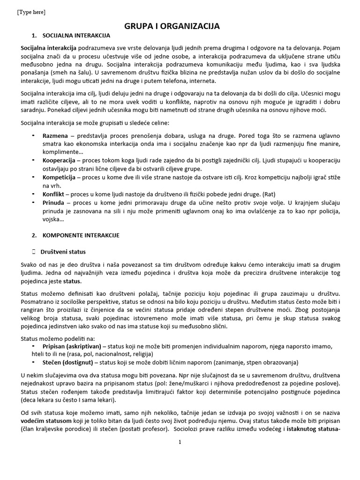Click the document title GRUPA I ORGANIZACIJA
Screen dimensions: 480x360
tap(172, 26)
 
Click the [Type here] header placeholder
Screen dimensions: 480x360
tap(31, 12)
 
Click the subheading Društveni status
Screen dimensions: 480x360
tap(63, 252)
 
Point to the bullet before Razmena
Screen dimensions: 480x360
tap(33, 135)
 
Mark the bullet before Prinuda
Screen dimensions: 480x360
tap(33, 202)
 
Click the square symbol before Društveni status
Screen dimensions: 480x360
tap(33, 252)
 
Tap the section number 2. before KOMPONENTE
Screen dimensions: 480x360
tap(34, 235)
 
